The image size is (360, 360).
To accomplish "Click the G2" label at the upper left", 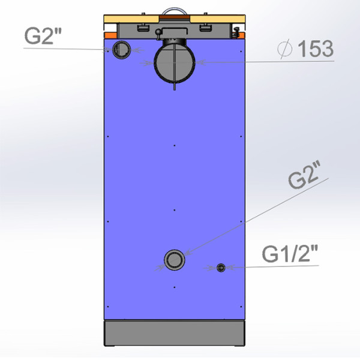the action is pos(43,36).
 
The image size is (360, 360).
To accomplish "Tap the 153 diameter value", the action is pos(315,49).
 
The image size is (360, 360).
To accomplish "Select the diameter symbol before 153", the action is pos(285,49).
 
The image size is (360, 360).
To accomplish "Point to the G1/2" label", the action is pos(290,254).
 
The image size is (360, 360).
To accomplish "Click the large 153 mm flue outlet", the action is pos(175,62).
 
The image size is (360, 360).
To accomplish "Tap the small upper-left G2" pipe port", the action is pos(121,50).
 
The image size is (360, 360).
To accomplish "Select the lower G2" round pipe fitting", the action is pos(175,260).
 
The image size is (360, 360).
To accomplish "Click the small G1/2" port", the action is pos(221,268).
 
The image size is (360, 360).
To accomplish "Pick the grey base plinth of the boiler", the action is pos(175,333).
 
